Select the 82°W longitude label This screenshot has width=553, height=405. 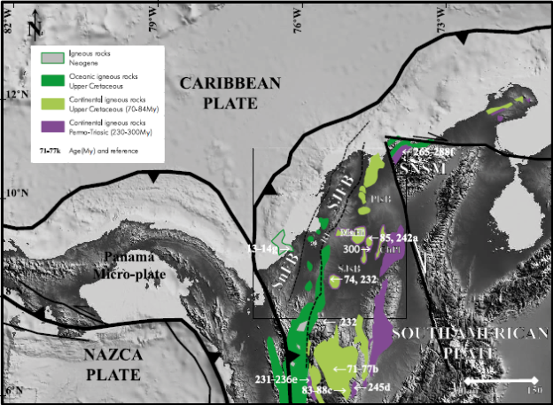9,21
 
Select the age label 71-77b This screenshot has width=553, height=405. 354,368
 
